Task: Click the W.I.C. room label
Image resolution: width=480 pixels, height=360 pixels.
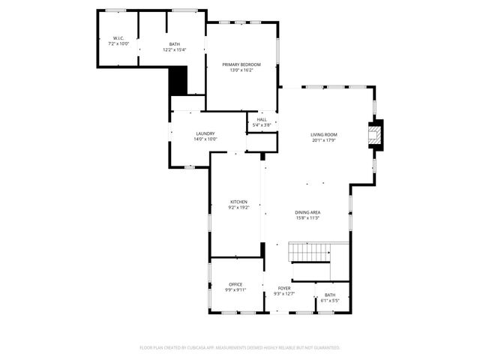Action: tap(118, 38)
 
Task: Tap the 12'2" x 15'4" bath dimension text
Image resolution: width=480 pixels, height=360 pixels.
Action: tap(174, 50)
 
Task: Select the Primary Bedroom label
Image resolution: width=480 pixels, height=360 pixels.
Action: tap(241, 65)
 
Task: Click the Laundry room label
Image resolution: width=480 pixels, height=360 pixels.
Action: tap(205, 133)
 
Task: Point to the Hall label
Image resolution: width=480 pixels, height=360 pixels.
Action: tap(262, 119)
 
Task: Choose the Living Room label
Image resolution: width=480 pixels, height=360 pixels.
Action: tap(323, 134)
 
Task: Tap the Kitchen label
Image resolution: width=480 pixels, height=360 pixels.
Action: tap(238, 202)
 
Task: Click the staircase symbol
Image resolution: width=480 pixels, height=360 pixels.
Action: tap(310, 253)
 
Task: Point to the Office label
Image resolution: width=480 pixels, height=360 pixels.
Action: tap(235, 284)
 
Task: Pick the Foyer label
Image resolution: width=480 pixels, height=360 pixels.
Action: tap(284, 288)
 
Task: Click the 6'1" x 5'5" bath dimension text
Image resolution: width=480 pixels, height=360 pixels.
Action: tap(330, 300)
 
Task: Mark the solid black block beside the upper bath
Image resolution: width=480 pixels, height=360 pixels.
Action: tap(178, 81)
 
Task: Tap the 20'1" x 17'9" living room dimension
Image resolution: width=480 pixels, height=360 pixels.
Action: tap(323, 139)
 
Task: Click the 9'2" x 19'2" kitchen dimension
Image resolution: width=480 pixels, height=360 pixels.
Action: tap(238, 208)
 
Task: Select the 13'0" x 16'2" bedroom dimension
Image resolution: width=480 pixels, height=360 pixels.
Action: tap(241, 70)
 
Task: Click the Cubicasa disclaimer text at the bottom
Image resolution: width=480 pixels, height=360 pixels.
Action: tap(240, 348)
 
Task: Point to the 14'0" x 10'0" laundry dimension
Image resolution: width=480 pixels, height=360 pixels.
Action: tap(205, 139)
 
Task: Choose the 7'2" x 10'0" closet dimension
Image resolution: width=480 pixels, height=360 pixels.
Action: tap(118, 44)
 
